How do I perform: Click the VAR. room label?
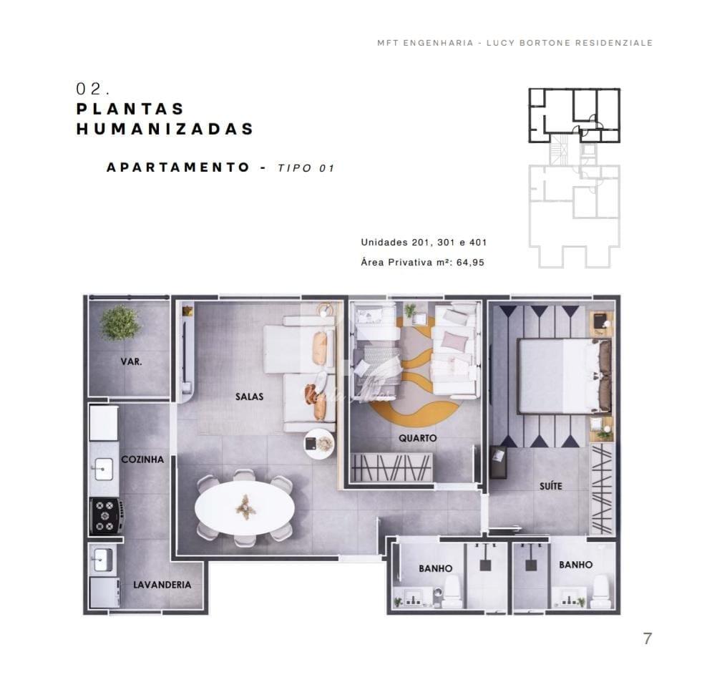[x=131, y=361]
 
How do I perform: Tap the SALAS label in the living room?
[x=249, y=397]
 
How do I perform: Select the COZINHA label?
[x=142, y=459]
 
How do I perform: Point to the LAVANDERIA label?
[x=162, y=585]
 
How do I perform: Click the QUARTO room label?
[x=417, y=437]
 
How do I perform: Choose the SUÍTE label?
[x=551, y=486]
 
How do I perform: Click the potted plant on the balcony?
[x=120, y=322]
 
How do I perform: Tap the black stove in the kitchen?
[x=107, y=516]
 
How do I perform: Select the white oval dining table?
[x=245, y=507]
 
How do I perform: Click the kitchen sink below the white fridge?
[x=103, y=469]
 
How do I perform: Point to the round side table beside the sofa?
[x=318, y=444]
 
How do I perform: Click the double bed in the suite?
[x=565, y=376]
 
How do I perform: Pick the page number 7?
[x=648, y=638]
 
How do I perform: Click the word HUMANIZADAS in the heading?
[x=165, y=129]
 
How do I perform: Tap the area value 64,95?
[x=470, y=262]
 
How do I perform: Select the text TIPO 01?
[x=306, y=168]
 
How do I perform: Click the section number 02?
[x=93, y=89]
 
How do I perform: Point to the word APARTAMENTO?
[x=178, y=167]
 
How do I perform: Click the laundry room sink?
[x=103, y=560]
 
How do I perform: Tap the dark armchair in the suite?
[x=498, y=462]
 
